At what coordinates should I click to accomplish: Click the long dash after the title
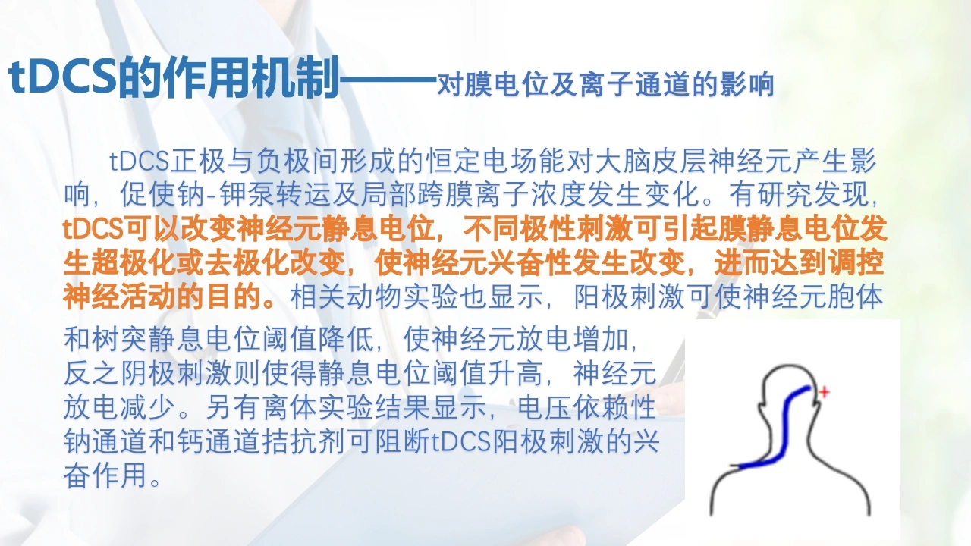[388, 80]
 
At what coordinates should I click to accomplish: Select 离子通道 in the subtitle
[633, 84]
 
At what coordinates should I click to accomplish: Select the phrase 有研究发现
[799, 195]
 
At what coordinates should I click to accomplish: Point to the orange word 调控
[856, 262]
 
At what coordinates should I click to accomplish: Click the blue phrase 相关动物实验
[375, 297]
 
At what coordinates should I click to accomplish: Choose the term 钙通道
[219, 441]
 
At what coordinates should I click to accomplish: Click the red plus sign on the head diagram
[824, 392]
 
